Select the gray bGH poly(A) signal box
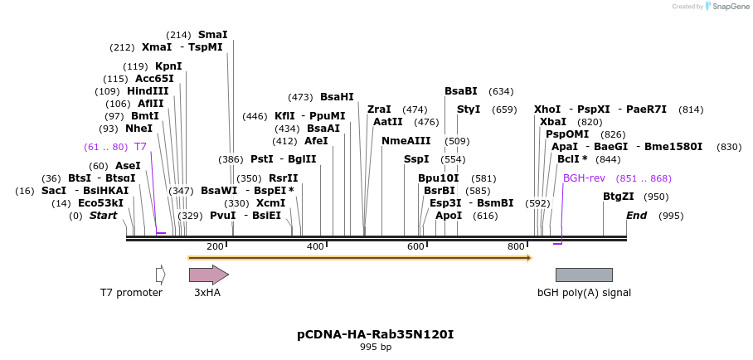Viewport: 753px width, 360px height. click(x=584, y=275)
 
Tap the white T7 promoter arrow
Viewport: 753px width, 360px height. click(x=160, y=275)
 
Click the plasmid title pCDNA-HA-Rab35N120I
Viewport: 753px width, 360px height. click(x=376, y=334)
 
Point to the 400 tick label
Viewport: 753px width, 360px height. click(x=315, y=246)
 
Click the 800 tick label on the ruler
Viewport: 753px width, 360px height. click(x=516, y=246)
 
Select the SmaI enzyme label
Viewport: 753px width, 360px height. click(x=212, y=35)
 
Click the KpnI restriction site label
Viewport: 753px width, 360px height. click(x=168, y=66)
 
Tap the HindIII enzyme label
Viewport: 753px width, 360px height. click(x=148, y=91)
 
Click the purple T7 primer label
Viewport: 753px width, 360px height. click(x=140, y=147)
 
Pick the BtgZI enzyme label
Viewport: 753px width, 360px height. click(x=618, y=197)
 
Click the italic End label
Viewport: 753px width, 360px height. click(x=636, y=216)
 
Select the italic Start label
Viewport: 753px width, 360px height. click(x=104, y=216)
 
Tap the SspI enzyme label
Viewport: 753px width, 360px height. click(x=416, y=159)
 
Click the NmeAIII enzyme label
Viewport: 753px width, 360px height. click(x=406, y=141)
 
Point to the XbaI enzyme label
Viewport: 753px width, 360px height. click(x=553, y=122)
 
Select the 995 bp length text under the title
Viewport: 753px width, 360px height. click(x=376, y=348)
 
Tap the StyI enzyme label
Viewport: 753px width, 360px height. click(x=469, y=109)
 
